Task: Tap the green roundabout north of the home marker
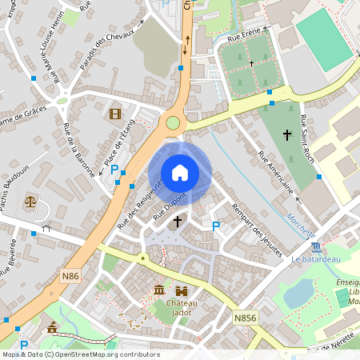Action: pos(173,122)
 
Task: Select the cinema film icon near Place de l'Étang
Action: pos(115,114)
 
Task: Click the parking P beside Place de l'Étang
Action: pos(115,169)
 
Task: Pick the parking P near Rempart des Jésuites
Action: pos(215,226)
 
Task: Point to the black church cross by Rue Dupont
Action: pos(176,219)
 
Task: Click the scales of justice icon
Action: pos(30,202)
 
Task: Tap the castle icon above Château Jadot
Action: pos(182,290)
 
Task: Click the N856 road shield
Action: pos(245,318)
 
